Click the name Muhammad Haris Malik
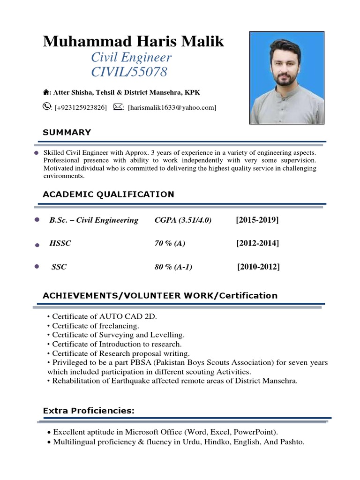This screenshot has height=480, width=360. click(x=134, y=42)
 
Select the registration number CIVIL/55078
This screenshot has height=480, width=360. click(x=129, y=73)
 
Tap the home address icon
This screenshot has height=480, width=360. click(x=46, y=92)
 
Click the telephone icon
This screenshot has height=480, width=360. click(x=46, y=107)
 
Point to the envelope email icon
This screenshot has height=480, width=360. click(x=118, y=107)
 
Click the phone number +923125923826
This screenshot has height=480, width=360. click(x=81, y=108)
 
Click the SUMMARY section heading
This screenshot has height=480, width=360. click(x=67, y=133)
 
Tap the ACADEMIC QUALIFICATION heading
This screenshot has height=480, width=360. click(x=108, y=194)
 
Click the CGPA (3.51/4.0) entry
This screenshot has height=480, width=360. click(x=183, y=220)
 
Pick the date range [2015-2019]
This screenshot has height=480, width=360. click(x=257, y=220)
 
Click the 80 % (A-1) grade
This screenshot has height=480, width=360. click(x=173, y=267)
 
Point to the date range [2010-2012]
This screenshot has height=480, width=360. click(x=258, y=267)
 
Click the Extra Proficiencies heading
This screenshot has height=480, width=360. click(x=89, y=411)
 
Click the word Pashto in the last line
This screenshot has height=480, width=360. click(x=291, y=442)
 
